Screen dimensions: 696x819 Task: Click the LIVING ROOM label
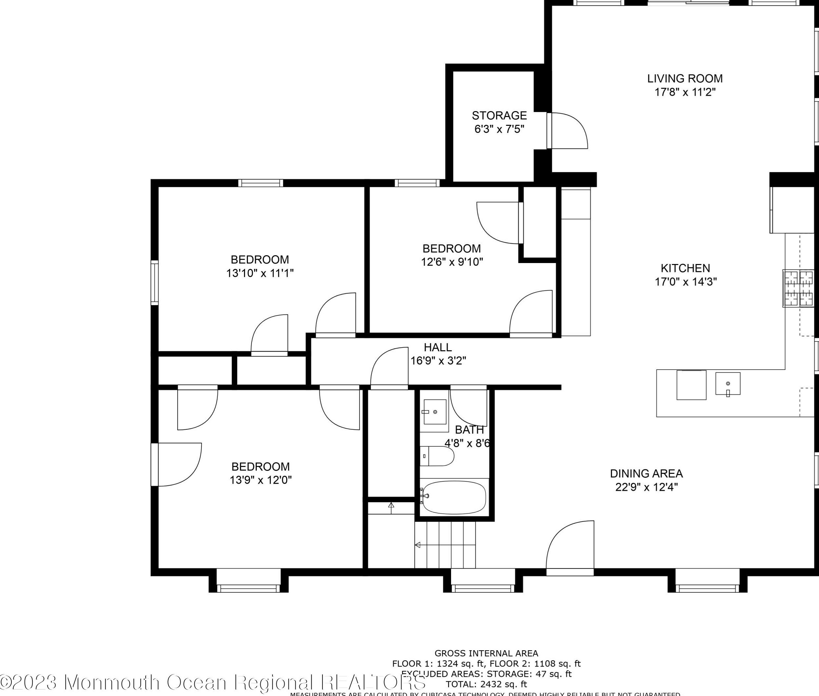(685, 78)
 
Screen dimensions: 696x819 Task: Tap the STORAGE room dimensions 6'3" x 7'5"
(499, 129)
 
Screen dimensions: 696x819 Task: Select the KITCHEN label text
(686, 268)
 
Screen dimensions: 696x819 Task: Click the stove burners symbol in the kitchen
(798, 289)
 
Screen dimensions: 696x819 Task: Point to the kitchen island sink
(728, 384)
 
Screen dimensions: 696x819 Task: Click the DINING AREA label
(646, 473)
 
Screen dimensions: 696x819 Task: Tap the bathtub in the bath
(454, 498)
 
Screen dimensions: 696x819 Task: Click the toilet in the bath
(438, 456)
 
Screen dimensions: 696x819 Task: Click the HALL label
(438, 347)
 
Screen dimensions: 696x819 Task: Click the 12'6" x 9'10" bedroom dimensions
(452, 262)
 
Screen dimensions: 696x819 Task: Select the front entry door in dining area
(570, 548)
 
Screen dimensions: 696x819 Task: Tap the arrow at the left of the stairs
(417, 545)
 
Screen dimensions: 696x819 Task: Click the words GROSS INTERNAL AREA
(486, 654)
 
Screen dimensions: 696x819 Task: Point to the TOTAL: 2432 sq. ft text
(486, 684)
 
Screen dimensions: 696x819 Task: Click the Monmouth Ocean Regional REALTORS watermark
(213, 682)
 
